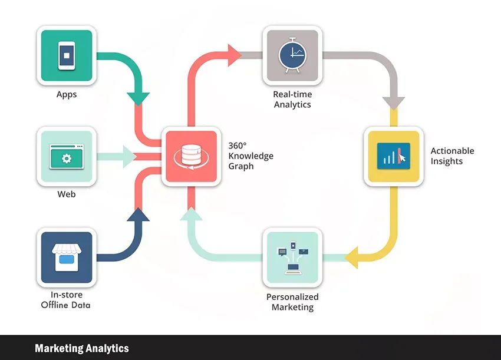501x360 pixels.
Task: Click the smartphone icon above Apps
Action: point(67,55)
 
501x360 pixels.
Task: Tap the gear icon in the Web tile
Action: point(67,158)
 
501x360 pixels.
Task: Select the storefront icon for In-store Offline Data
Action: point(67,257)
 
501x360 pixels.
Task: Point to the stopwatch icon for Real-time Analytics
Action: point(292,55)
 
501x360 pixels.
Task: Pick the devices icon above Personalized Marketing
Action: point(292,257)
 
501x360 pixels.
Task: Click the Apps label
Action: point(67,94)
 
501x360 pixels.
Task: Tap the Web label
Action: point(67,194)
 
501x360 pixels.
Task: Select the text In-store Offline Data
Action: point(66,299)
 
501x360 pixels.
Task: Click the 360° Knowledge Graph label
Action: point(251,156)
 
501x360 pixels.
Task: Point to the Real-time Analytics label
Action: point(292,99)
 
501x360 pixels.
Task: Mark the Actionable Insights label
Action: point(452,156)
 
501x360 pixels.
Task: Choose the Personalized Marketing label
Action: point(292,302)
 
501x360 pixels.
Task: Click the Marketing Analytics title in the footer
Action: point(81,348)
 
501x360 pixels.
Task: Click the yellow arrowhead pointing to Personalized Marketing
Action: point(352,257)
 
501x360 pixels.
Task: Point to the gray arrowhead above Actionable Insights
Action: point(393,101)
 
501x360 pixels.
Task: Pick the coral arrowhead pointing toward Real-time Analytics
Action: point(234,55)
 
